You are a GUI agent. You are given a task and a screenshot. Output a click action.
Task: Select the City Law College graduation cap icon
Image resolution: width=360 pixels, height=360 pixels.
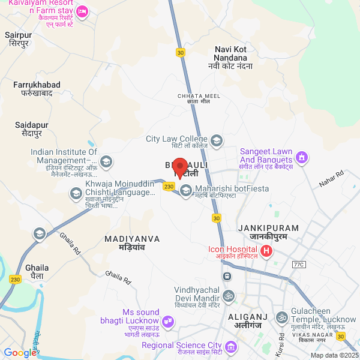216,141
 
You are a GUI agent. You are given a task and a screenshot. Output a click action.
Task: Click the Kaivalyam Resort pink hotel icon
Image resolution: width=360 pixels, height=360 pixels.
83,11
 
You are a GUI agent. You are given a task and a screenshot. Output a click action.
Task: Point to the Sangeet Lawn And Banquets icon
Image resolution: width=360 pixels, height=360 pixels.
302,158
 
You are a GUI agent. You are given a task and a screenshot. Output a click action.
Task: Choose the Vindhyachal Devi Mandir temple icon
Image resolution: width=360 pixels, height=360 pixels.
228,295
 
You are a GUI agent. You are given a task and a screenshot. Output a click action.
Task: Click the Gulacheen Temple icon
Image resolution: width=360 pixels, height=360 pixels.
281,317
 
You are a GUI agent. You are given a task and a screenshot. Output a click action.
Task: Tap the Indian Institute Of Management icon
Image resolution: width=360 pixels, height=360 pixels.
106,161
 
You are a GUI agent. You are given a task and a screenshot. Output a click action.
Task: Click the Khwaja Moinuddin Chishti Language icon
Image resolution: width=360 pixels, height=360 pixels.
76,193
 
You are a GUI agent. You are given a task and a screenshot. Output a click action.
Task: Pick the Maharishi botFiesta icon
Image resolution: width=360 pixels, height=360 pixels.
186,190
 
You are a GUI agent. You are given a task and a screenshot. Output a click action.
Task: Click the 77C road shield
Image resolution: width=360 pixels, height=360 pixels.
299,265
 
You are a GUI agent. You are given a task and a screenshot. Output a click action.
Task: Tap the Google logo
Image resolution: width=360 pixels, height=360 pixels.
19,353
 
